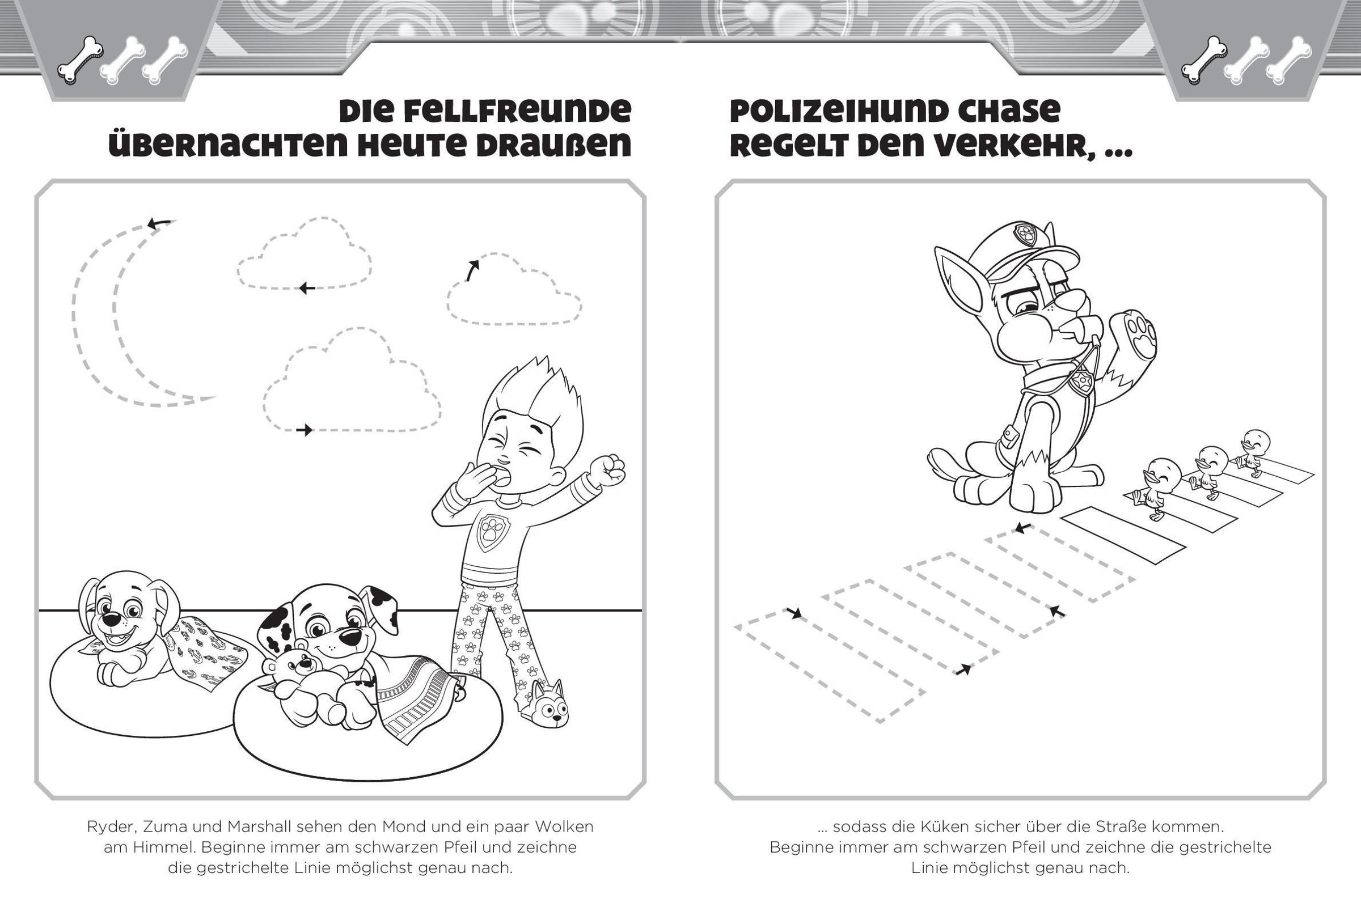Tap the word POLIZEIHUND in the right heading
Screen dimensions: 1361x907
click(x=857, y=112)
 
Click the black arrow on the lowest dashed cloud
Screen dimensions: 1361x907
click(x=305, y=430)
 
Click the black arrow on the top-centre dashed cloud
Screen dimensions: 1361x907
click(x=307, y=287)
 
